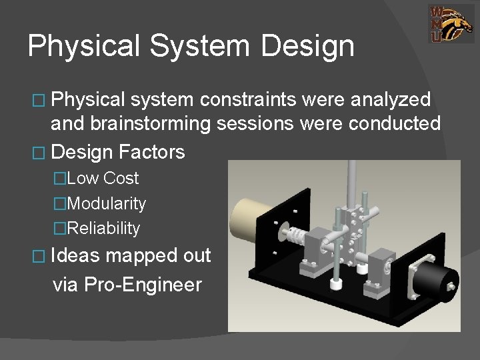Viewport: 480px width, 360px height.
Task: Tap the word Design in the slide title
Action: [x=308, y=46]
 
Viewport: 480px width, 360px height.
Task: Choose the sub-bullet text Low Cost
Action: [x=103, y=178]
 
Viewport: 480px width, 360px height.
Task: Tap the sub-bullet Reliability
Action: [x=104, y=229]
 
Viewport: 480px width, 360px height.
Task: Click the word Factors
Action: [x=152, y=152]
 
